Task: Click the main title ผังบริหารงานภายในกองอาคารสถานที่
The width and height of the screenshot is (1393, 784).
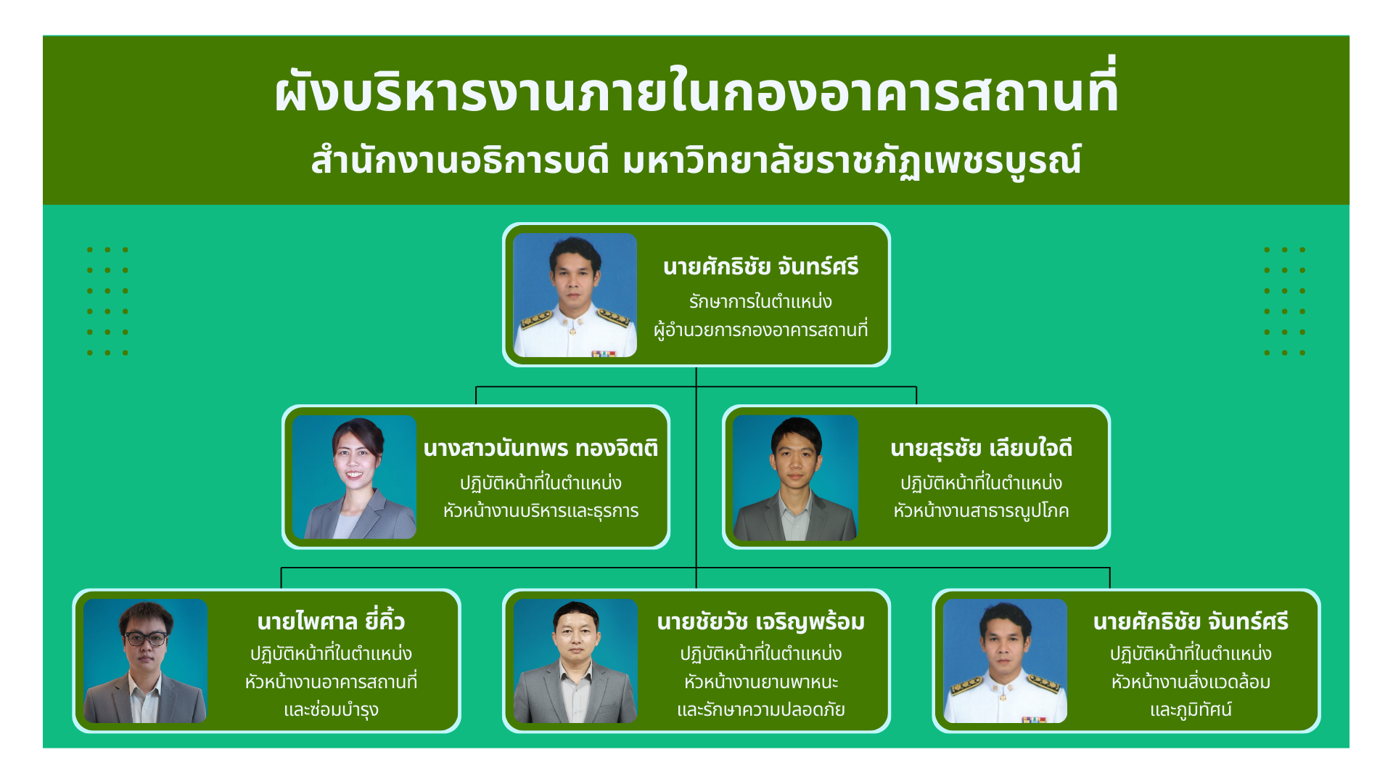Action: point(696,91)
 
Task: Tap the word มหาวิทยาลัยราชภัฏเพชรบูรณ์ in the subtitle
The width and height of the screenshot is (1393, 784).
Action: point(852,160)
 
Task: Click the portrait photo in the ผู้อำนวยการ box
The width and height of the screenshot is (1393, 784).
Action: point(575,295)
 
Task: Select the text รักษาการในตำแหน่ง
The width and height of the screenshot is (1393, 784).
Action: point(760,301)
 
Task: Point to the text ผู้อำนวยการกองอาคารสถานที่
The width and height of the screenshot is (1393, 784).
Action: point(760,330)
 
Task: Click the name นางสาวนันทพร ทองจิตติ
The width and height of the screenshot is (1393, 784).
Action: point(541,448)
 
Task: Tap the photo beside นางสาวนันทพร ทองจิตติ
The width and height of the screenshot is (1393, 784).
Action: point(354,477)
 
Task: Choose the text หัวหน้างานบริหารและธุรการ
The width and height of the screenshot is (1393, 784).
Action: point(541,511)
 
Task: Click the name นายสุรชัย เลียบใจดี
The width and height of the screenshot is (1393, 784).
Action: point(981,448)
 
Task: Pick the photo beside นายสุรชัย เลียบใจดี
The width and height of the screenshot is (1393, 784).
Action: point(795,478)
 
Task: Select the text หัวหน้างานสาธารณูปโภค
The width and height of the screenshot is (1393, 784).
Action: point(981,511)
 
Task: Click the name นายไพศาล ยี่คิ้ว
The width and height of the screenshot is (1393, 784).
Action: point(331,621)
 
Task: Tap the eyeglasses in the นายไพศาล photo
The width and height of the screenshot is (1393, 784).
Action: point(146,639)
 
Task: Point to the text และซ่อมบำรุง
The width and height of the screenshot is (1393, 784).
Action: point(331,709)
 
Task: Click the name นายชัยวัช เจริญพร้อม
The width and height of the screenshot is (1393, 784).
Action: point(760,622)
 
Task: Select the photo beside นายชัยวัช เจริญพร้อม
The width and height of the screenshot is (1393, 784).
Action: point(575,661)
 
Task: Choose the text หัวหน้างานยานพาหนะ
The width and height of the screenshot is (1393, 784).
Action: point(760,682)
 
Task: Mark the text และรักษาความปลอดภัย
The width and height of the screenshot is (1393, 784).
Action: point(760,709)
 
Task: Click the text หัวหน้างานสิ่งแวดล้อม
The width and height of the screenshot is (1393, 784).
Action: point(1191,682)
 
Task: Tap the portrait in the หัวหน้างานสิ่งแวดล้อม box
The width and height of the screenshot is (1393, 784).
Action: point(1005,661)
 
